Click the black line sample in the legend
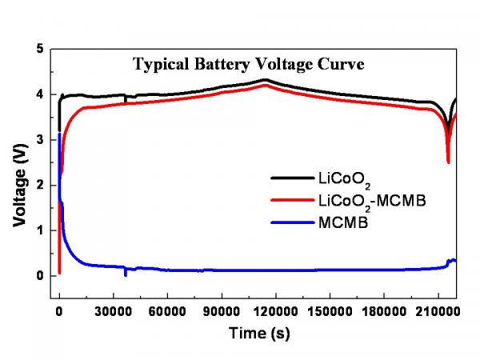290,178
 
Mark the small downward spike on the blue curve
125,274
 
